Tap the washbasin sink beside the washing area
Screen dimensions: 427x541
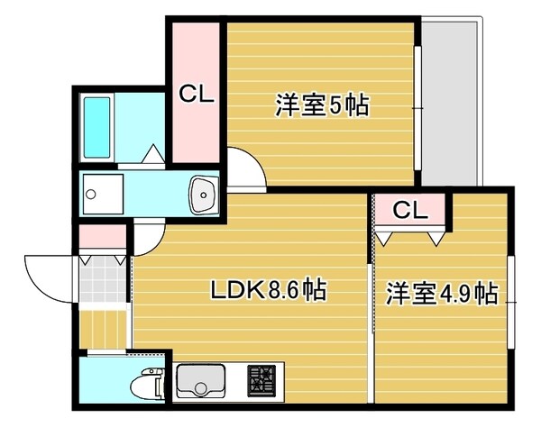205,193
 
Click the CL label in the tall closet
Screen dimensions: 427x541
196,94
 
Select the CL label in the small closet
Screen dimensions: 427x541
409,211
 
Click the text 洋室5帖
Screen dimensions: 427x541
321,105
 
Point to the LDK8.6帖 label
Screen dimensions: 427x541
268,290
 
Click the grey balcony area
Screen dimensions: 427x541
453,99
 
